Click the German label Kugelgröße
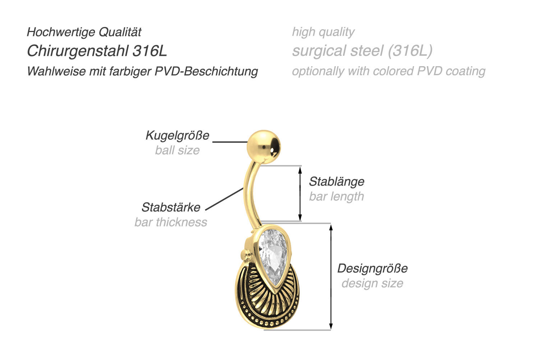(x=177, y=135)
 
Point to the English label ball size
(x=177, y=150)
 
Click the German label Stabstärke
(x=171, y=207)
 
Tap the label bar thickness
(x=171, y=222)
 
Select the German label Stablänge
(x=336, y=181)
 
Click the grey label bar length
(x=336, y=196)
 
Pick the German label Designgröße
(x=372, y=268)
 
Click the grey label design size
(x=372, y=283)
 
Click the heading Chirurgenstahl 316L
(x=97, y=51)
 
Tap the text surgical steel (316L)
(x=362, y=51)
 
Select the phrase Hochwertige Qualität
(x=84, y=32)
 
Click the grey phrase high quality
(x=323, y=32)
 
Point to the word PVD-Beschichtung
(x=206, y=71)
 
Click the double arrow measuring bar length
(x=300, y=193)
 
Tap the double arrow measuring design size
(x=331, y=277)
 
